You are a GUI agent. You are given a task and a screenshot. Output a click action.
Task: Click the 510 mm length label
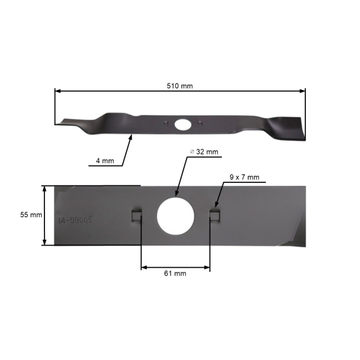tap(179, 86)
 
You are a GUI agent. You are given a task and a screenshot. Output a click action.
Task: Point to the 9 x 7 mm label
tap(244, 177)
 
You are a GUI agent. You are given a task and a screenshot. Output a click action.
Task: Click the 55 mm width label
tap(31, 214)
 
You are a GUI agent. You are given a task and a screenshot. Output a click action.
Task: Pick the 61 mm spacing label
tap(176, 273)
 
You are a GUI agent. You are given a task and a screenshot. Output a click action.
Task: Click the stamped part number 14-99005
tap(76, 221)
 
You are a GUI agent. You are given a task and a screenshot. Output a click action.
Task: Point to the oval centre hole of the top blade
tap(182, 124)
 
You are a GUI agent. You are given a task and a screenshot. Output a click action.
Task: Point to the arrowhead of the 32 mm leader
tap(175, 196)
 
